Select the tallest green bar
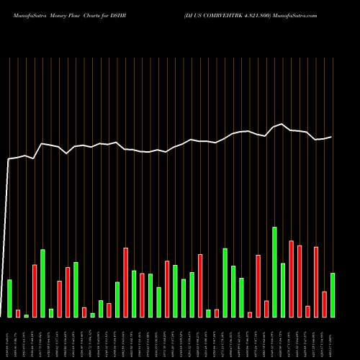point(274,272)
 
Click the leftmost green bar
point(9,298)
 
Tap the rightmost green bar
point(333,295)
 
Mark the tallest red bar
point(291,279)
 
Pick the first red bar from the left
point(18,313)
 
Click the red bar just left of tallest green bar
point(266,309)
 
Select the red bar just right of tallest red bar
point(300,282)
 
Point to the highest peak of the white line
point(282,124)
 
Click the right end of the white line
point(332,137)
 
